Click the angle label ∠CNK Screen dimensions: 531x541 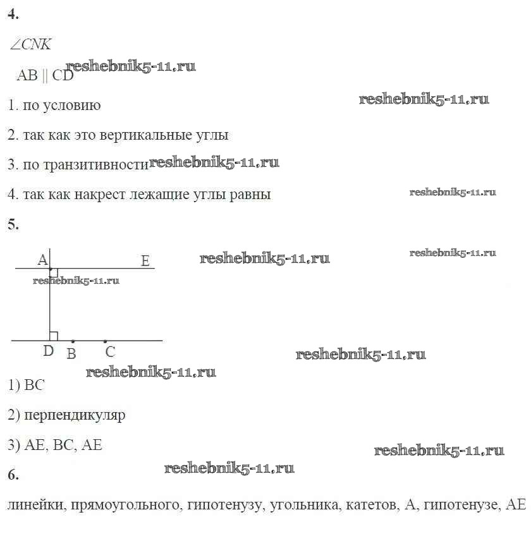tap(30, 44)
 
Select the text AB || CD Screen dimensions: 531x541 tap(46, 75)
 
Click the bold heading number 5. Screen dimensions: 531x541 tap(13, 224)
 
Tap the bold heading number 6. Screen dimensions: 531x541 tap(13, 475)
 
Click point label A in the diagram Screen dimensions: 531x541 tap(42, 260)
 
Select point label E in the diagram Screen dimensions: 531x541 tap(145, 260)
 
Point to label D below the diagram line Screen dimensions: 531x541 tap(48, 351)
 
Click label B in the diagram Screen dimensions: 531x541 tap(71, 354)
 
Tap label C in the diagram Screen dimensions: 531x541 tap(110, 352)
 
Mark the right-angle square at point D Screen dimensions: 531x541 tap(54, 336)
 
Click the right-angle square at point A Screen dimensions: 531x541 tap(54, 272)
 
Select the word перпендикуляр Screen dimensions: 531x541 tap(75, 415)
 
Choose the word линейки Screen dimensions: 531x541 tap(37, 505)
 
